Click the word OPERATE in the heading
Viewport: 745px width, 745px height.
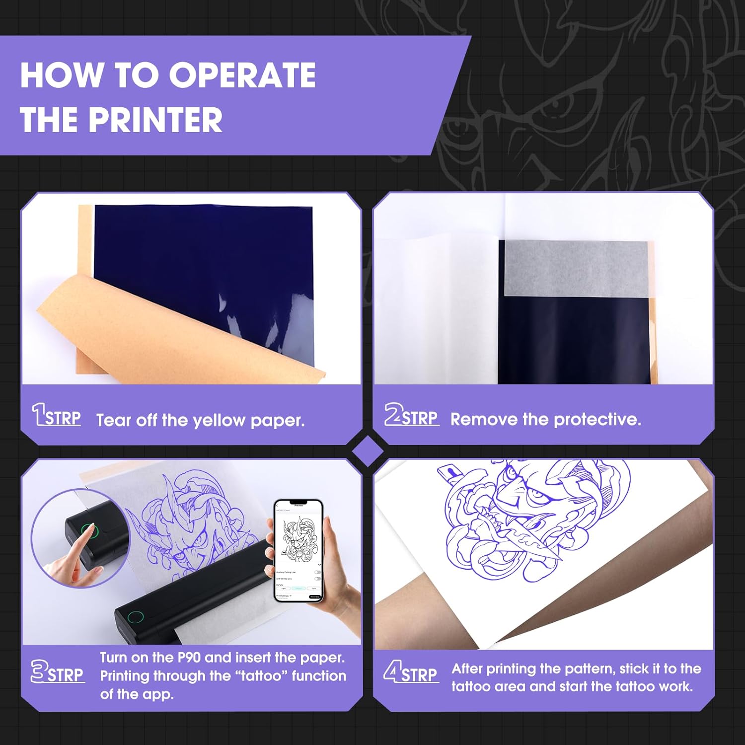point(242,75)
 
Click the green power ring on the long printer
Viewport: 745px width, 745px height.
point(135,617)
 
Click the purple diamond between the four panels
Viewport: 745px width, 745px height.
point(367,451)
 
